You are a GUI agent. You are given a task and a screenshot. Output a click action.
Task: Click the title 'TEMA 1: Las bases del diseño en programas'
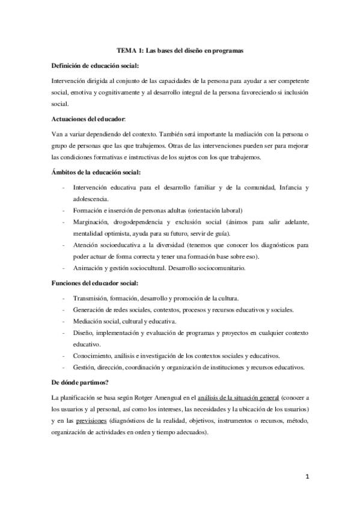pos(180,51)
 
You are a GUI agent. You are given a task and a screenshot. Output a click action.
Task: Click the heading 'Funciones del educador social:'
pos(96,283)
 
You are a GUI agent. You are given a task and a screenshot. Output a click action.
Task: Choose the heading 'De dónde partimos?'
pos(79,381)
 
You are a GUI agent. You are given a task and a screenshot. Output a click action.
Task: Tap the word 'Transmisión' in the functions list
pos(91,298)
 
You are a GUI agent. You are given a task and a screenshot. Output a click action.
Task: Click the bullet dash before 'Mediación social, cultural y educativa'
pos(64,321)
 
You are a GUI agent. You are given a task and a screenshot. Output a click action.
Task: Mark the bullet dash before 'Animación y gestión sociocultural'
pos(64,268)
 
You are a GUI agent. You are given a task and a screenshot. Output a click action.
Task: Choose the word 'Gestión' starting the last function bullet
pos(84,367)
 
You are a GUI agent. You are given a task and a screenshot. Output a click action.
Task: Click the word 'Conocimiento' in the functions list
pos(93,356)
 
